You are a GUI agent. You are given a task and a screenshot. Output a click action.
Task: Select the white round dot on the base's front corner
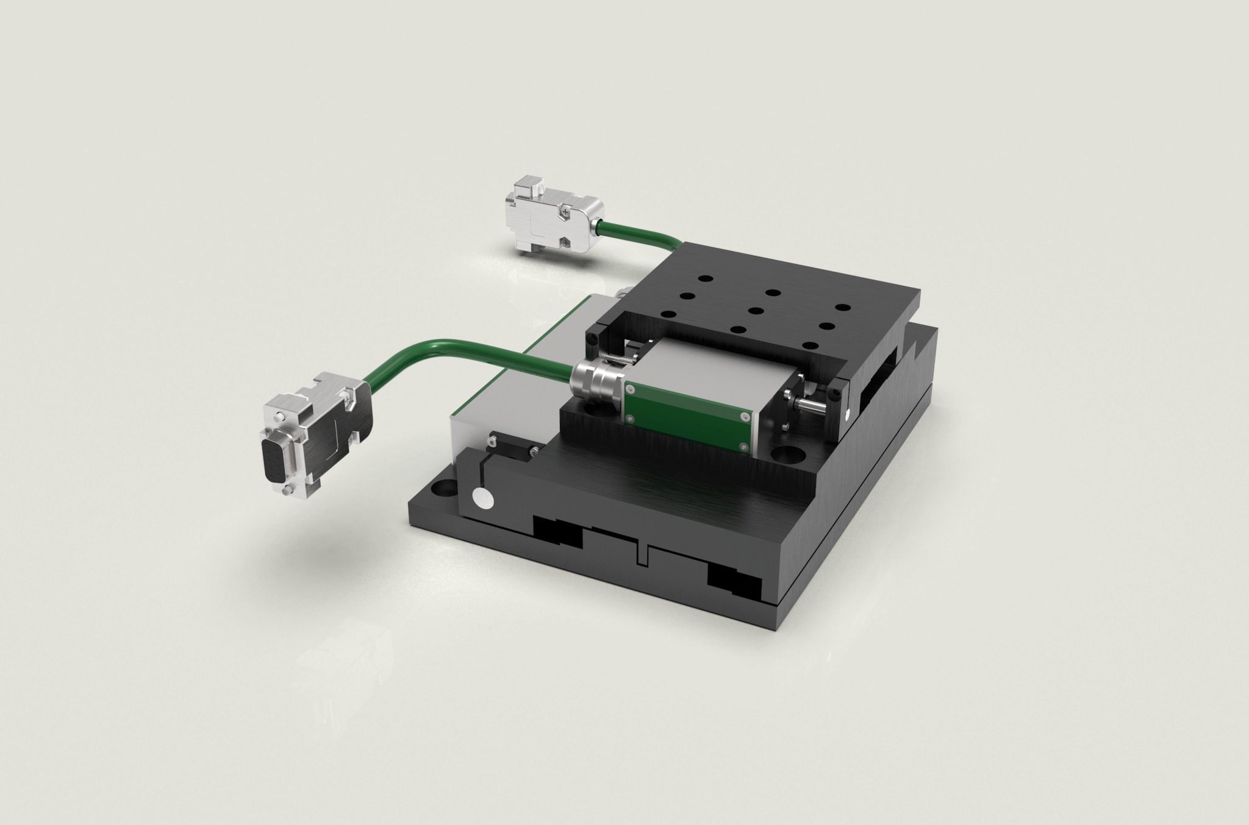[484, 499]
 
